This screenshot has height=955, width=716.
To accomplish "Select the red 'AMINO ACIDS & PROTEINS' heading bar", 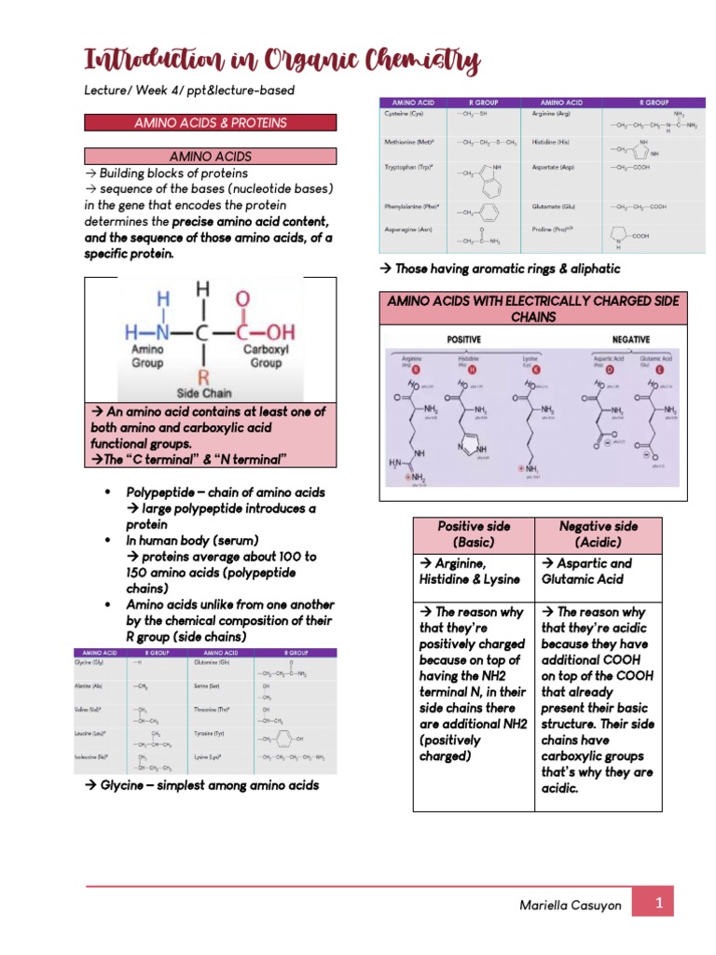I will (x=210, y=123).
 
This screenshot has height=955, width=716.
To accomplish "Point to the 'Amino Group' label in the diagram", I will (x=147, y=355).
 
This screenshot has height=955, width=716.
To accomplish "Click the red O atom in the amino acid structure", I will (x=243, y=298).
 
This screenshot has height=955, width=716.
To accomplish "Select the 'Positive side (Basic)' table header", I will (x=474, y=534).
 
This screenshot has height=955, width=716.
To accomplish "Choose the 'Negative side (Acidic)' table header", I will (x=599, y=534).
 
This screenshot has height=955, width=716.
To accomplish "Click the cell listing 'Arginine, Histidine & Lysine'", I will (x=474, y=572).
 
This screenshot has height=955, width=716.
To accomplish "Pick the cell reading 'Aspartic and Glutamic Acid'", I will (x=599, y=572).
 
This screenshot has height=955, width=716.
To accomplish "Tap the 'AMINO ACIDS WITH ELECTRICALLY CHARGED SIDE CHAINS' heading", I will (x=532, y=309).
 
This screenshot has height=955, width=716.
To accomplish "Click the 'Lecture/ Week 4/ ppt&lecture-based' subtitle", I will (x=189, y=90).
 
